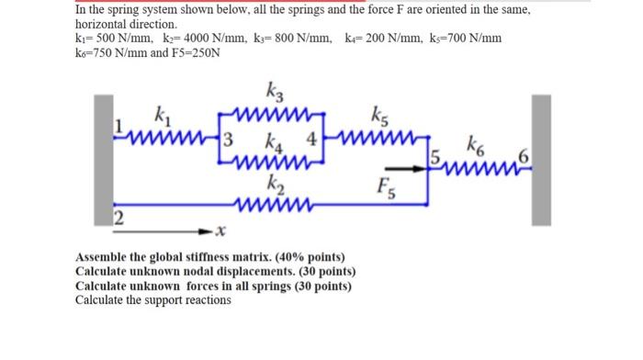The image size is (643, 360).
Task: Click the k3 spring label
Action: [x=274, y=93]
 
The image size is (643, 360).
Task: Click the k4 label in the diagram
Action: [x=274, y=142]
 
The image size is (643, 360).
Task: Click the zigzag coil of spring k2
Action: [x=270, y=199]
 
